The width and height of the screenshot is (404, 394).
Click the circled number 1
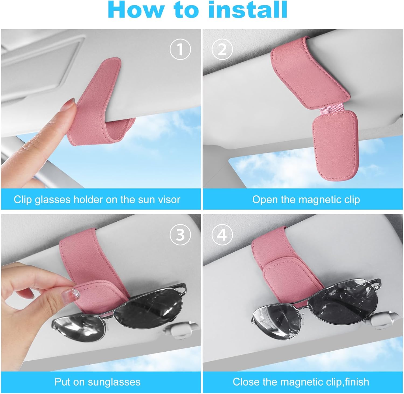point(180,49)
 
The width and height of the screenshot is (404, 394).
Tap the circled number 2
point(222,49)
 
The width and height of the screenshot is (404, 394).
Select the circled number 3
point(180,235)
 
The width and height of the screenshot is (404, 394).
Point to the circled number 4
point(222,235)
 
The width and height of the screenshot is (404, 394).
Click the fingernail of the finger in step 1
point(71,103)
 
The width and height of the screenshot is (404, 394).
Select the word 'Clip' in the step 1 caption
point(23,200)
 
